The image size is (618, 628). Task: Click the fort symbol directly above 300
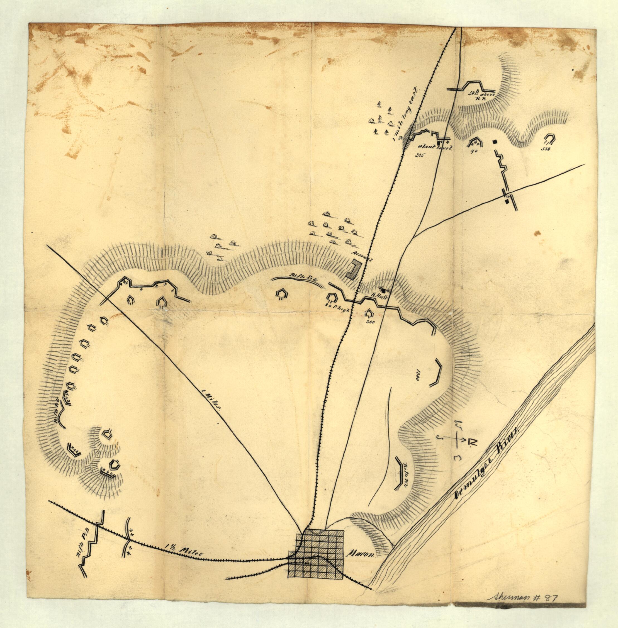pyautogui.click(x=369, y=313)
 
